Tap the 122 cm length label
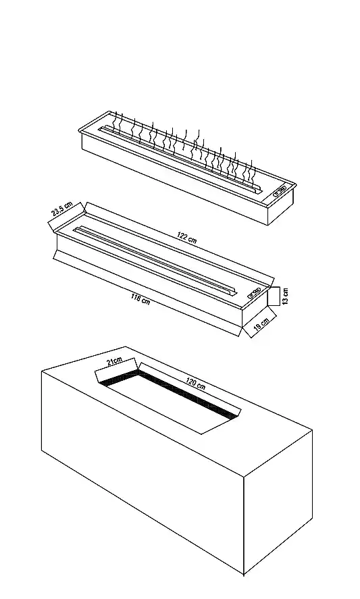[x=187, y=237]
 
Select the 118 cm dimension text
[x=140, y=298]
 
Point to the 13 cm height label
[x=286, y=296]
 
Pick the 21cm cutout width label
[x=114, y=361]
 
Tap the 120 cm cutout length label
[x=196, y=383]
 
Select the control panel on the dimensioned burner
[x=254, y=293]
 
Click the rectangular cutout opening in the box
[x=168, y=401]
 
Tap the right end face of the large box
[x=278, y=501]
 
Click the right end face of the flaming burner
[x=281, y=205]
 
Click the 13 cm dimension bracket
[x=274, y=296]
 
